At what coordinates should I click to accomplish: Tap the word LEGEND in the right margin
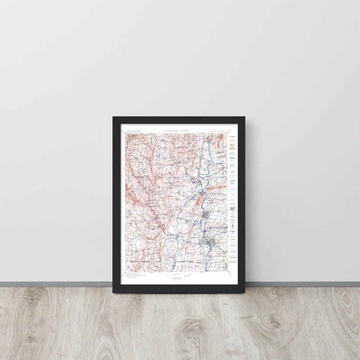click(x=233, y=137)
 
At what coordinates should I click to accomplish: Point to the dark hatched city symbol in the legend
click(x=233, y=208)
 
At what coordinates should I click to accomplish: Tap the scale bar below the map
click(x=176, y=275)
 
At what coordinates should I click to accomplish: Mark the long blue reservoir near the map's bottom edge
click(x=172, y=265)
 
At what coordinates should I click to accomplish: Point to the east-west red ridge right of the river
click(x=215, y=189)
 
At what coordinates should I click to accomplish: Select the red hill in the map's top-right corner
click(x=219, y=143)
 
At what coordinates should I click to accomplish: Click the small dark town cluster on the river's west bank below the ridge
click(x=205, y=215)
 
